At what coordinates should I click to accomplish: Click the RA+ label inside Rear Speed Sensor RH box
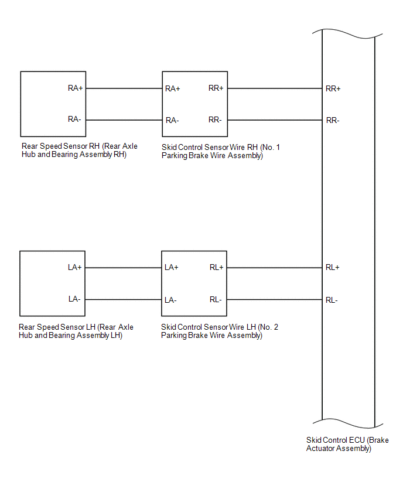76,88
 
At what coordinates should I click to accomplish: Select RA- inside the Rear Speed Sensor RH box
74,119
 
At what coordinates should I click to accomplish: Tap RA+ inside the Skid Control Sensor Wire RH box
173,89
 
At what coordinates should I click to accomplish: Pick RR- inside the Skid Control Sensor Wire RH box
215,119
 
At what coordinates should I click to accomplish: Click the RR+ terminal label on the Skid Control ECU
333,89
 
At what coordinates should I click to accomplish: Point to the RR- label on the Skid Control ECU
333,120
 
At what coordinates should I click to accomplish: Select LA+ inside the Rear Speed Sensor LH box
75,267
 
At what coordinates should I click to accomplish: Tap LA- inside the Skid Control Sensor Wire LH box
171,300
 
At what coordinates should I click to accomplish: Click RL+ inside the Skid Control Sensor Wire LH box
216,268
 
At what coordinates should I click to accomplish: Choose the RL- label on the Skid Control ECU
332,300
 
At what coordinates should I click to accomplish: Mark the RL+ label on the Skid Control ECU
332,268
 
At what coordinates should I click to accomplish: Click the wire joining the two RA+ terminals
124,88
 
